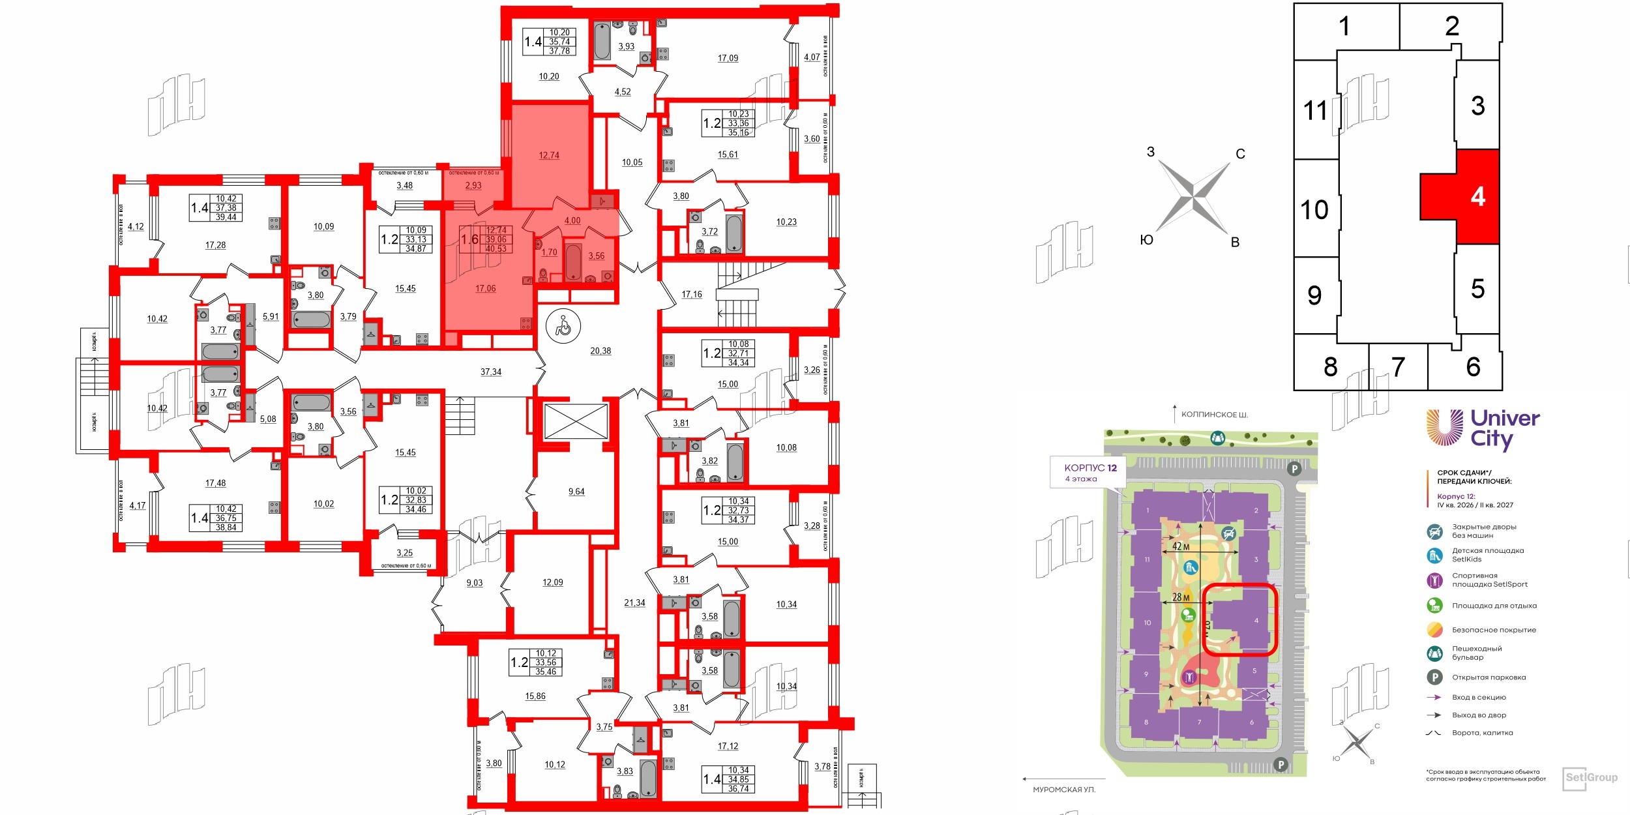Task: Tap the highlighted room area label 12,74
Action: [x=549, y=155]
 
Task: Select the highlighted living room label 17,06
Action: [x=486, y=288]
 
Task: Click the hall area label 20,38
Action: [x=600, y=351]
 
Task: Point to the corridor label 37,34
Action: [x=491, y=372]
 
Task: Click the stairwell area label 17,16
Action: [x=692, y=295]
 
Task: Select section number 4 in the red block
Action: [x=1477, y=196]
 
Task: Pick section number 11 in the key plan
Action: [x=1315, y=110]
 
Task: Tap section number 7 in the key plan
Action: [x=1398, y=367]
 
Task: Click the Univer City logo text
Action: [x=1504, y=428]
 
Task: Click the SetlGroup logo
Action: [x=1591, y=777]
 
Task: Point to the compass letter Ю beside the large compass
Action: [x=1146, y=240]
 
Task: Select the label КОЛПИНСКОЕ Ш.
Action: [x=1215, y=415]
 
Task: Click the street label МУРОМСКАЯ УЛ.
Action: [x=1064, y=790]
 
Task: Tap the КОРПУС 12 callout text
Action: [x=1090, y=467]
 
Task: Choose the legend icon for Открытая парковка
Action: [x=1434, y=677]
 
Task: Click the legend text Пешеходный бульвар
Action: [x=1477, y=653]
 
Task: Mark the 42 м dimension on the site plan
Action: [x=1181, y=546]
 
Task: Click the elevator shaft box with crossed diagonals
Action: [x=576, y=421]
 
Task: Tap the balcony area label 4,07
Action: [x=812, y=57]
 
